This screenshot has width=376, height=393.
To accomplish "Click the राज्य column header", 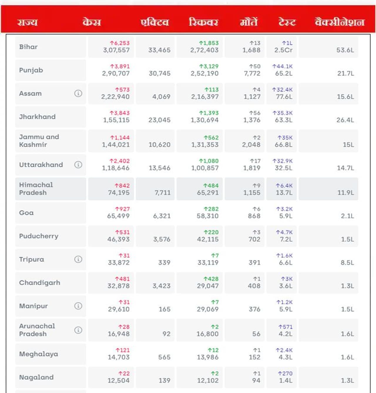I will click(x=27, y=22).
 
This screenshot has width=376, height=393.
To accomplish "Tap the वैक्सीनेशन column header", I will click(x=339, y=22).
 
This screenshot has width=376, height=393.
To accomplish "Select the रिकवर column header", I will click(x=203, y=22).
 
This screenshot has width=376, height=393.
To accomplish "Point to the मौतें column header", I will click(x=249, y=22).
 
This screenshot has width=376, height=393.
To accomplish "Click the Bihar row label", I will click(x=28, y=47).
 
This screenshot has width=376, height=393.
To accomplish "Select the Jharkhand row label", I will click(x=37, y=117).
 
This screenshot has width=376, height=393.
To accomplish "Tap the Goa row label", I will click(x=26, y=213).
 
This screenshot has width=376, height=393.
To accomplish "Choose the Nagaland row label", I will click(x=36, y=377).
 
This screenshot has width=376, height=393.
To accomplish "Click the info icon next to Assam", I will click(x=78, y=93).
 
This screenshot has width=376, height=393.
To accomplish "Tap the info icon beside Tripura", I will click(x=78, y=259).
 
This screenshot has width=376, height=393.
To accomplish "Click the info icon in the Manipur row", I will click(x=78, y=306).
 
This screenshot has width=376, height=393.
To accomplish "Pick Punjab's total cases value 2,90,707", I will click(x=116, y=73).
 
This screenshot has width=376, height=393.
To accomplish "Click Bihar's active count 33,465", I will click(x=159, y=50).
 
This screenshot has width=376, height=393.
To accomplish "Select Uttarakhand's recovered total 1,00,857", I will click(x=205, y=168).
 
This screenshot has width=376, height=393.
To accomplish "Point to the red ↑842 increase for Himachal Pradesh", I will click(x=122, y=185).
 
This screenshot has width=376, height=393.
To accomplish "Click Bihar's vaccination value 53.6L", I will click(x=345, y=50).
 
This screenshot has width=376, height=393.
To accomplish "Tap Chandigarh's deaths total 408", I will click(x=254, y=286).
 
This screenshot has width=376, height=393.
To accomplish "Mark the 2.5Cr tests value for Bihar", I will click(x=283, y=50).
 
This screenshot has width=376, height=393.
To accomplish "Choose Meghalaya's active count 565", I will click(x=164, y=357).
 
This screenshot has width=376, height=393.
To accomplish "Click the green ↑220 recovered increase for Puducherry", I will click(x=211, y=232).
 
